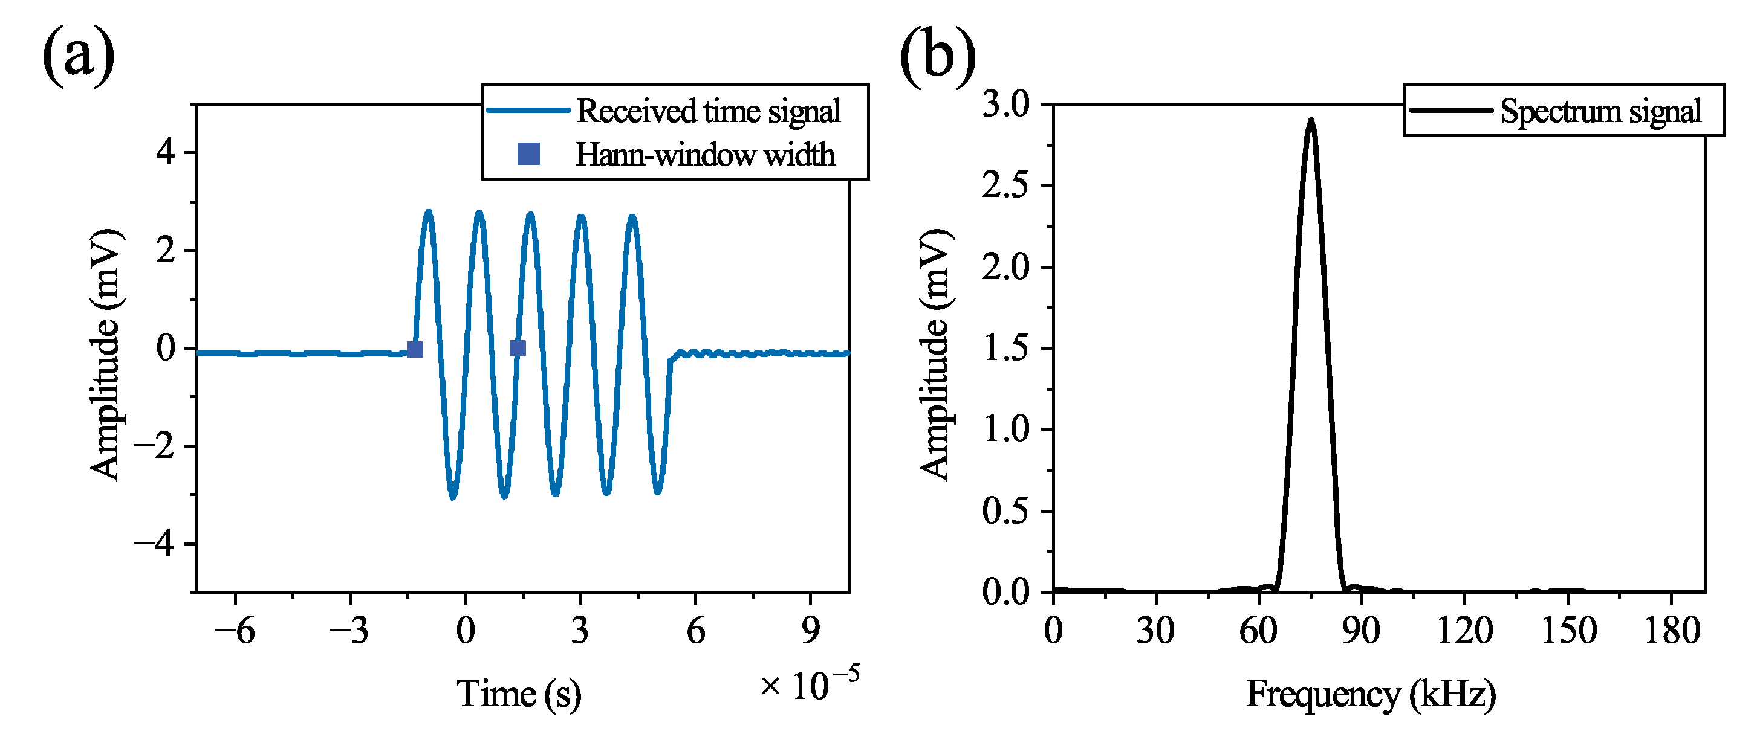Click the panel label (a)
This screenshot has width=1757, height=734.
point(79,54)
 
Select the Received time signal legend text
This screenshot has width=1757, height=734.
point(707,111)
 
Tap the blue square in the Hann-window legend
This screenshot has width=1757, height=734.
point(528,154)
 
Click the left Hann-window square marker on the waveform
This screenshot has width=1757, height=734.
point(415,350)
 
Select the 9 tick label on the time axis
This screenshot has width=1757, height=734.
point(810,631)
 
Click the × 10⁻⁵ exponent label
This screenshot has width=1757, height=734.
point(810,684)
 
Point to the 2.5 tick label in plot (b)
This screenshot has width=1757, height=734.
point(1005,185)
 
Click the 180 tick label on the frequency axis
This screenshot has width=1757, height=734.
point(1671,631)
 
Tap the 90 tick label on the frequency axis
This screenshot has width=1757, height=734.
point(1362,631)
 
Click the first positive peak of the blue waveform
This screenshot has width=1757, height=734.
point(428,213)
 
